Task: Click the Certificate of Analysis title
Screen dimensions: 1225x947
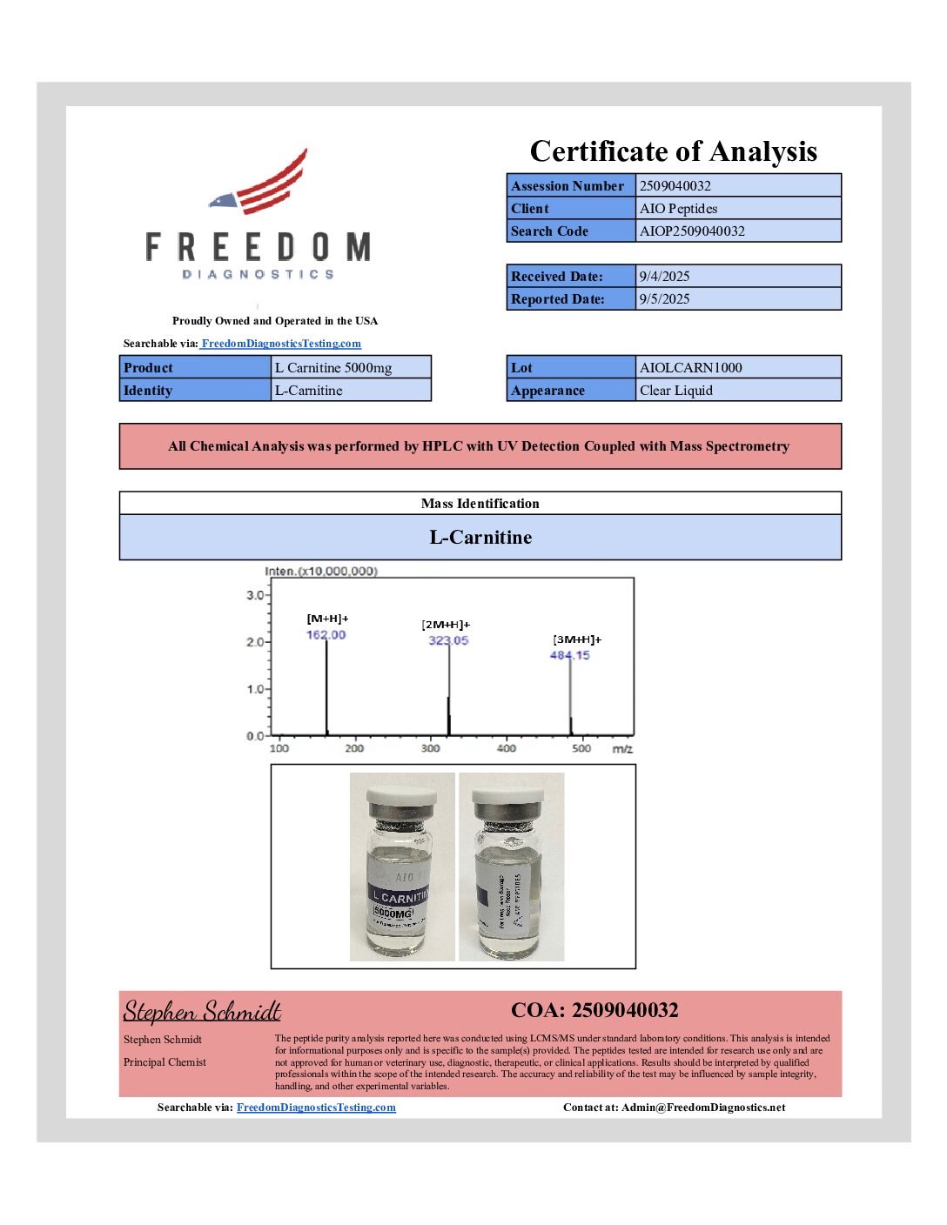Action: (x=673, y=151)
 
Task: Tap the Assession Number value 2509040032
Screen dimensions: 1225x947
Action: (x=675, y=185)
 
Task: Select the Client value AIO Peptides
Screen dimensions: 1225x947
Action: (x=678, y=208)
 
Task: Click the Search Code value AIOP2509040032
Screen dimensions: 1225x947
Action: (x=692, y=231)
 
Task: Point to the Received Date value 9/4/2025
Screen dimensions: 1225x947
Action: (x=664, y=276)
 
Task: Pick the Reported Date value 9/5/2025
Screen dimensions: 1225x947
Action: (x=664, y=298)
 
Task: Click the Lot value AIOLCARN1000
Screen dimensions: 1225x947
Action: (x=690, y=367)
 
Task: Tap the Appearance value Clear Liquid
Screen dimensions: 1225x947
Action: (x=675, y=390)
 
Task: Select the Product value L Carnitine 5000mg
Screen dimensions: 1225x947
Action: (x=333, y=367)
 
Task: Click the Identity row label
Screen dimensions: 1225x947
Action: (x=148, y=390)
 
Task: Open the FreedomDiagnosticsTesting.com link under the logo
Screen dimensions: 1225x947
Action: (x=280, y=344)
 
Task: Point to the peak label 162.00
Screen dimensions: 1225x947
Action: (x=326, y=635)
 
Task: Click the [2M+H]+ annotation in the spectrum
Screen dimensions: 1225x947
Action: (x=446, y=625)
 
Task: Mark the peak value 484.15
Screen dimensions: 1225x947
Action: (x=569, y=655)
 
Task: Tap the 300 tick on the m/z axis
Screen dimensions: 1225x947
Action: (x=430, y=748)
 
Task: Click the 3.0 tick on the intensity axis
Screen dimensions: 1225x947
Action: (x=255, y=595)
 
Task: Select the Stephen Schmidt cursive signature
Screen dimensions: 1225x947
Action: (x=202, y=1011)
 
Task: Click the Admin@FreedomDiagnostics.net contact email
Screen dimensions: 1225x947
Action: (x=703, y=1108)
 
